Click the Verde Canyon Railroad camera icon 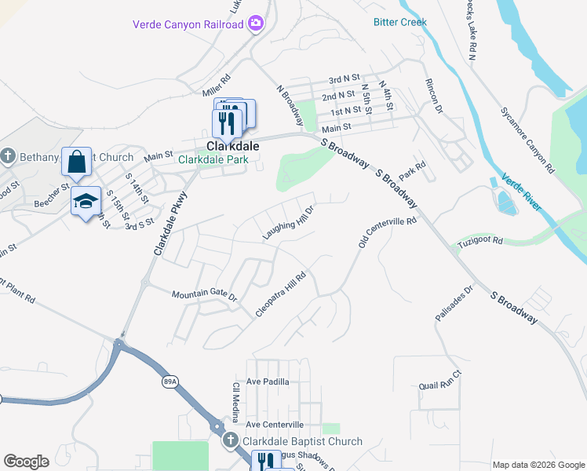coord(255,24)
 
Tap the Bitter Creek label coord(400,22)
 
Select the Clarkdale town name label coord(233,146)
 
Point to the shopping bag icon coord(76,162)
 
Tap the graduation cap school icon coord(85,202)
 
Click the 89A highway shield coord(170,382)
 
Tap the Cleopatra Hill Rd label coord(280,295)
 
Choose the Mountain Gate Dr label coord(204,294)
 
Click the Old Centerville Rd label coord(388,233)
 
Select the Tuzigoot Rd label coord(480,246)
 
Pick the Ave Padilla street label coord(268,382)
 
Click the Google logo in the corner coord(26,462)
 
